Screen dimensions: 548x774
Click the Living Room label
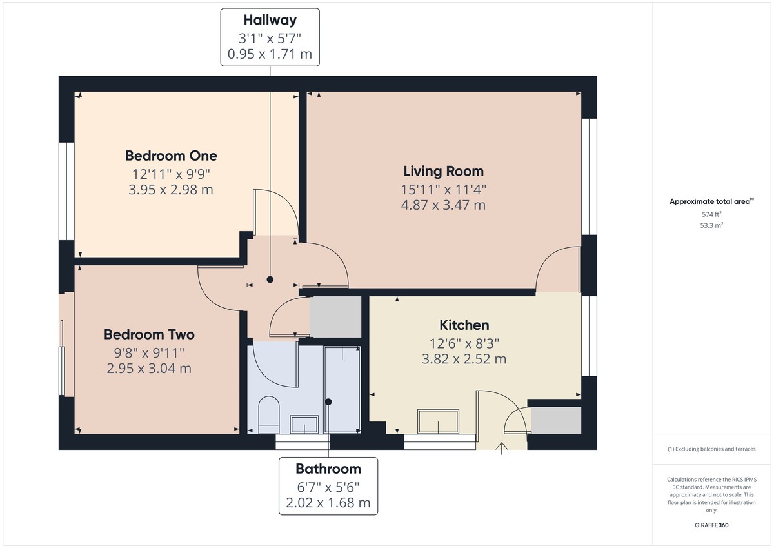pyautogui.click(x=443, y=171)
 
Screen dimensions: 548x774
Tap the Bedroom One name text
pyautogui.click(x=171, y=156)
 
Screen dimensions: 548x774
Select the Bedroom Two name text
pyautogui.click(x=149, y=334)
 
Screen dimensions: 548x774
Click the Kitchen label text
pyautogui.click(x=464, y=325)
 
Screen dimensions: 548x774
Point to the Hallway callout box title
pyautogui.click(x=270, y=21)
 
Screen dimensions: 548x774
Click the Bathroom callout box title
pyautogui.click(x=328, y=469)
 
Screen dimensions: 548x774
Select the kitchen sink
pyautogui.click(x=439, y=421)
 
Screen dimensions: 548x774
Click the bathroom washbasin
pyautogui.click(x=304, y=424)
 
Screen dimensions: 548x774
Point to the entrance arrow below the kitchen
pyautogui.click(x=502, y=447)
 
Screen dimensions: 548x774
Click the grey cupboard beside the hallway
pyautogui.click(x=335, y=317)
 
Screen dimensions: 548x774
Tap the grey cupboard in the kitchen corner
pyautogui.click(x=556, y=420)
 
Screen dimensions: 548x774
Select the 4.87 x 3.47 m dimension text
pyautogui.click(x=443, y=205)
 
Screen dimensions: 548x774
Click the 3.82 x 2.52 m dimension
pyautogui.click(x=464, y=359)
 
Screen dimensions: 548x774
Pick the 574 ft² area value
pyautogui.click(x=711, y=214)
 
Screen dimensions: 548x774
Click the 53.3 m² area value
pyautogui.click(x=711, y=225)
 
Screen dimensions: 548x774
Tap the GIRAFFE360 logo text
pyautogui.click(x=711, y=525)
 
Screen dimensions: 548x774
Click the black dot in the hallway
pyautogui.click(x=270, y=279)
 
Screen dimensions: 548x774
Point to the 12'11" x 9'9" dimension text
pyautogui.click(x=171, y=174)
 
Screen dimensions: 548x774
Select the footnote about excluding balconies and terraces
pyautogui.click(x=711, y=449)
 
